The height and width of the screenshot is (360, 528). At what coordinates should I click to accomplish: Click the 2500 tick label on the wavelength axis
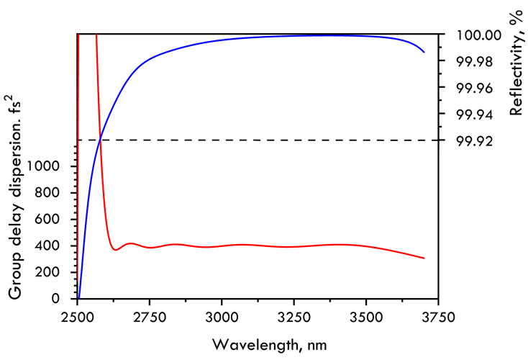[x=77, y=317]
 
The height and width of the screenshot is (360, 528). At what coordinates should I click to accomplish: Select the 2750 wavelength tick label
[x=149, y=317]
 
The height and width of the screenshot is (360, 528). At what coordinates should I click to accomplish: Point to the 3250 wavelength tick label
[x=294, y=317]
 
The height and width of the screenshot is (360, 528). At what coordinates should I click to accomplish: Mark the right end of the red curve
[x=424, y=258]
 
